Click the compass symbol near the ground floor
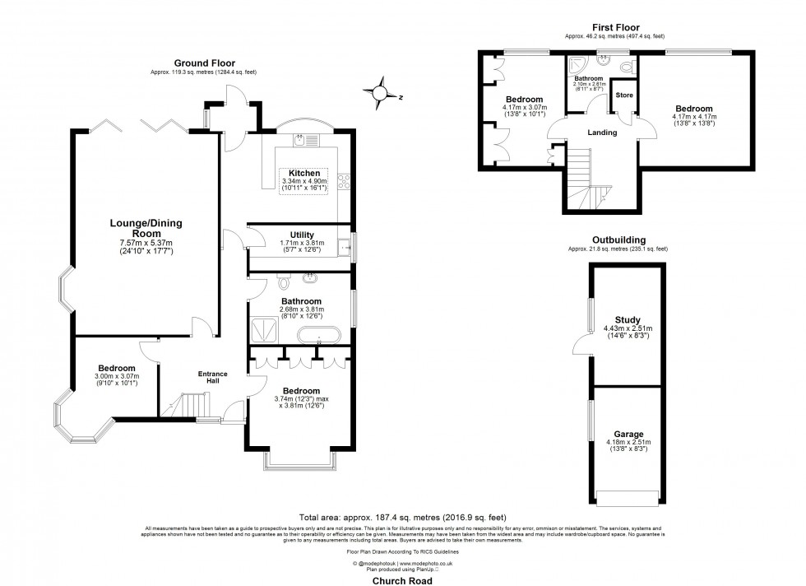(380, 91)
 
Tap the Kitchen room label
(304, 173)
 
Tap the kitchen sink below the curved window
(303, 141)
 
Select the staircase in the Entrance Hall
(195, 405)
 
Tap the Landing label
(602, 133)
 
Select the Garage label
(628, 434)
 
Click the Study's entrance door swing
(582, 346)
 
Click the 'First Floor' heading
(614, 28)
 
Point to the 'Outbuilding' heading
(617, 240)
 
